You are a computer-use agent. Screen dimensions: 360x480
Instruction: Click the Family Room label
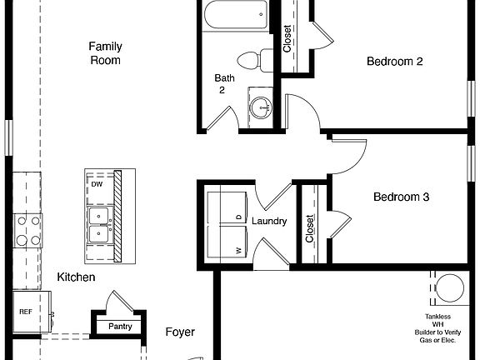click(x=105, y=53)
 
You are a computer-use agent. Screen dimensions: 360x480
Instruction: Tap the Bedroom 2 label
click(x=396, y=61)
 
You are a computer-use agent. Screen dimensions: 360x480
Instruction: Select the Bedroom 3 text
click(x=401, y=197)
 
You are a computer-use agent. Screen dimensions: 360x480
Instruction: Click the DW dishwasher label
click(x=97, y=184)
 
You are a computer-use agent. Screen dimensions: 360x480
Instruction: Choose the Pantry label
click(x=120, y=326)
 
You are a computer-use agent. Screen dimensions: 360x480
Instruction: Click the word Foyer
click(x=180, y=332)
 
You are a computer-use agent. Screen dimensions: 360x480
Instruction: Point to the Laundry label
click(x=269, y=222)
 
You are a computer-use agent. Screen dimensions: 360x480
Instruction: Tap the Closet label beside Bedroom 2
click(x=287, y=38)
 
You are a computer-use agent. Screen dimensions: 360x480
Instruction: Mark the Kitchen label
click(x=76, y=277)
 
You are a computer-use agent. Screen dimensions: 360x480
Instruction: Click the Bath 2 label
click(x=222, y=84)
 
